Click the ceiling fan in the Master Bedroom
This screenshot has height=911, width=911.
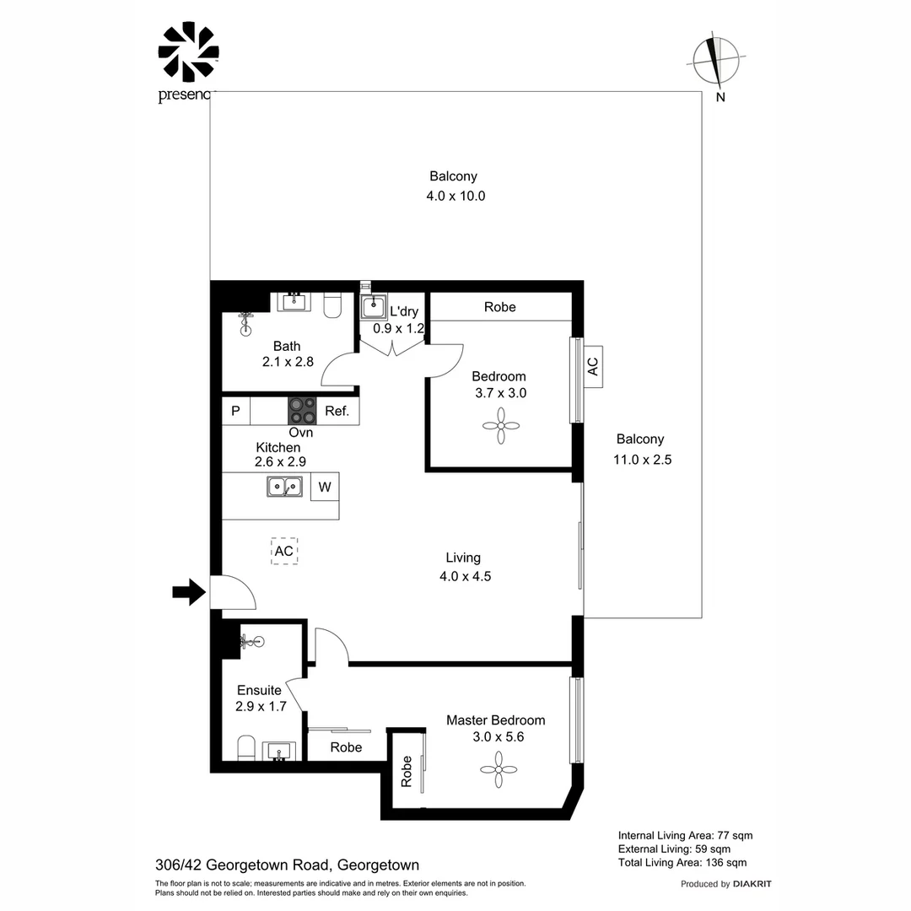coord(499,770)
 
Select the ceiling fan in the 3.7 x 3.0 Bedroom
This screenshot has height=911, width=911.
coord(501,426)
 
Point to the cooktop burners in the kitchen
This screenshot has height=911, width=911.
coord(302,411)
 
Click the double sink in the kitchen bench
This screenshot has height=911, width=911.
coord(285,487)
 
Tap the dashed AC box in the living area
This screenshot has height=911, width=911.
coord(284,551)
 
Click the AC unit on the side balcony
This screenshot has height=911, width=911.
coord(593,367)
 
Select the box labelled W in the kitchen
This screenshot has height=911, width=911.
coord(325,487)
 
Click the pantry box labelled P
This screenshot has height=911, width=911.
coord(236,411)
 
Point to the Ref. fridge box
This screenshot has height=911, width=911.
coord(337,411)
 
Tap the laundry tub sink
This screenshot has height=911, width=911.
coord(373,307)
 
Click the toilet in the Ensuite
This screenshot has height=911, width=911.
coord(246,747)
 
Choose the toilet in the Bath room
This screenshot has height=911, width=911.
coord(332,305)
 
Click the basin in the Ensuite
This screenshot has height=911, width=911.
coord(279,752)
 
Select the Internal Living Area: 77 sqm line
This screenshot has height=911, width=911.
coord(685,835)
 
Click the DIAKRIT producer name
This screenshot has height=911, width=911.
coord(752,884)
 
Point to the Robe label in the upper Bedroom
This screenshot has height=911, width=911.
coord(500,307)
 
